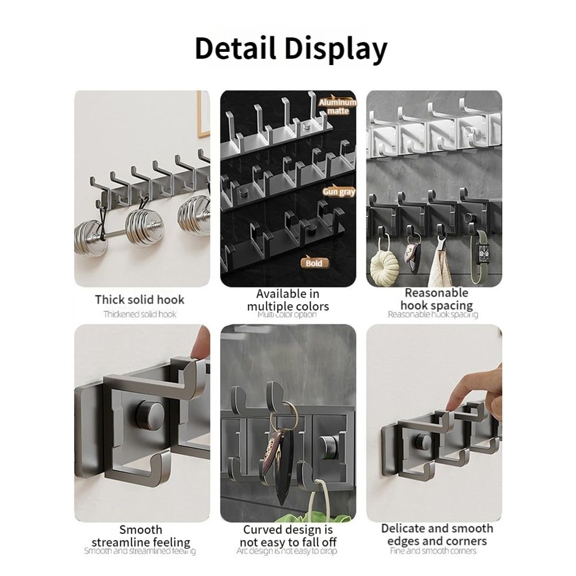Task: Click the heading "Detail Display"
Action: point(291,48)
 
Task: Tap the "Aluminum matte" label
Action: point(338,107)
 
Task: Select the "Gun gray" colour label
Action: point(339,192)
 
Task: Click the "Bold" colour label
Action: point(314,263)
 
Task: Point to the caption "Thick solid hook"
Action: point(140,300)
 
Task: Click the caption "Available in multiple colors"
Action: point(288,300)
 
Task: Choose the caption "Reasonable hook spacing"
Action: point(437,299)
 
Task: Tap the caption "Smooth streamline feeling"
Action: point(141,536)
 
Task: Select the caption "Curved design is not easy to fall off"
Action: point(288,536)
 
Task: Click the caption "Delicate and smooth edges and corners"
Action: point(437,535)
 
